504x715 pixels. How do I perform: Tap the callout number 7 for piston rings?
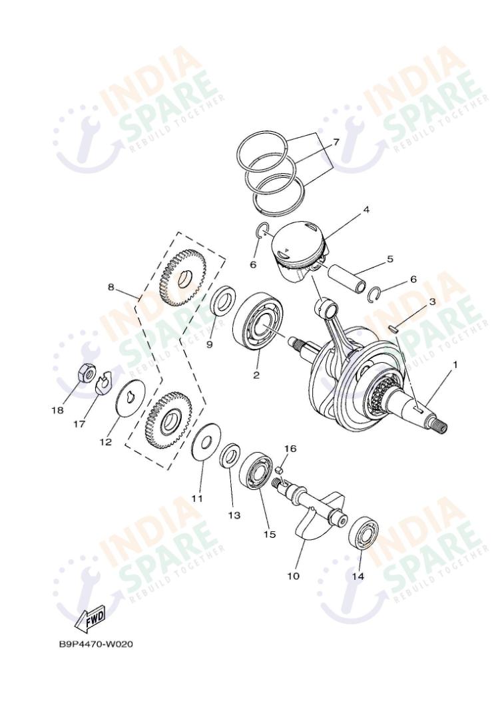pyautogui.click(x=336, y=142)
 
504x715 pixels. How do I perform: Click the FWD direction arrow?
pyautogui.click(x=90, y=620)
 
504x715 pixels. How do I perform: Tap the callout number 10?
pyautogui.click(x=293, y=576)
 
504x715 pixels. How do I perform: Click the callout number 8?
pyautogui.click(x=111, y=287)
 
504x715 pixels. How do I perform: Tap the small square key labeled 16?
pyautogui.click(x=280, y=469)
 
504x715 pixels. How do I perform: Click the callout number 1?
pyautogui.click(x=456, y=364)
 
